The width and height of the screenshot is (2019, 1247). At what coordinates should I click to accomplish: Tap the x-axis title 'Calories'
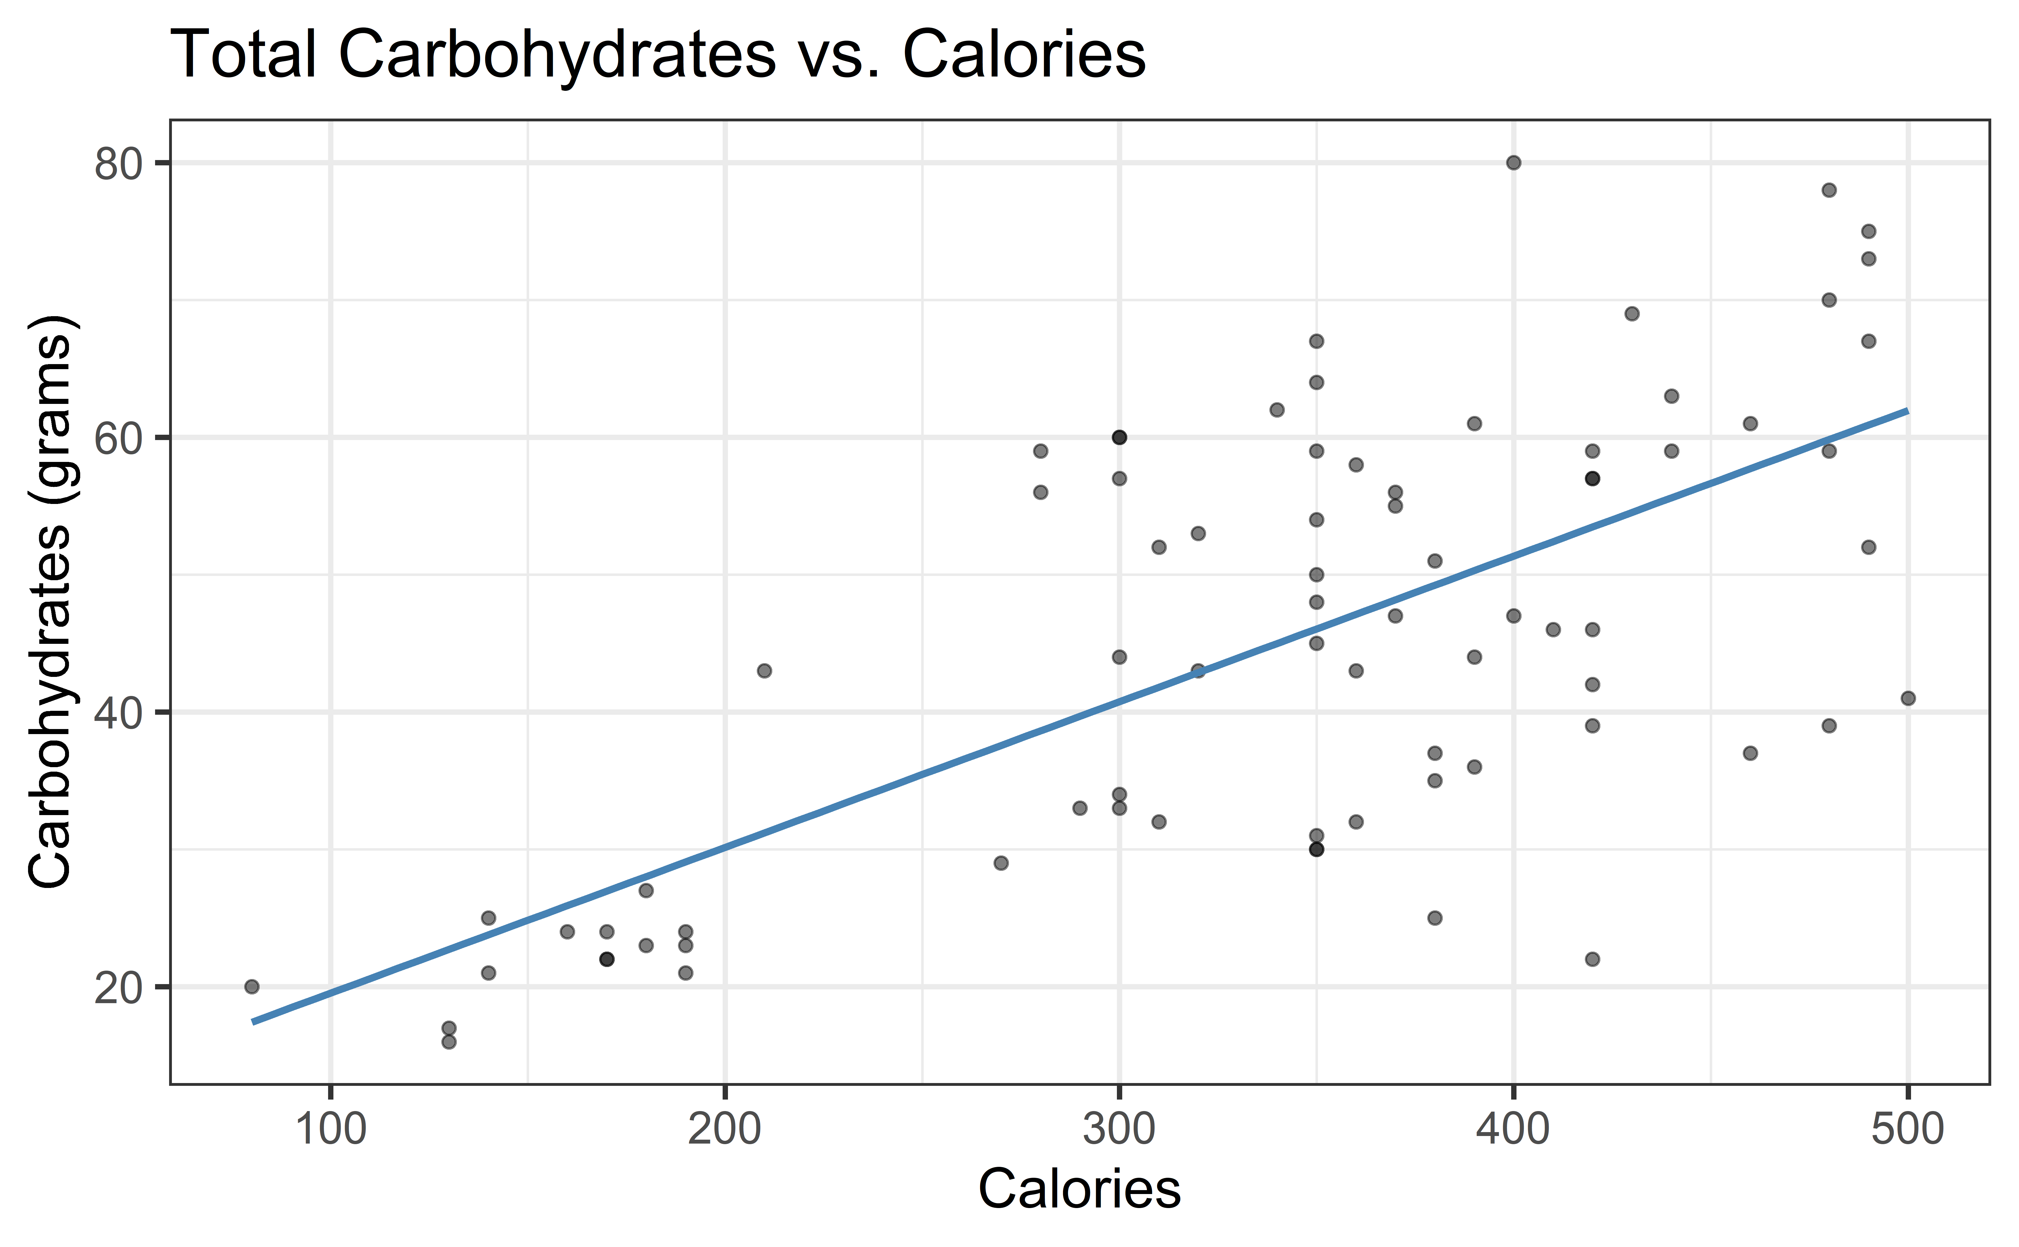click(x=1079, y=1189)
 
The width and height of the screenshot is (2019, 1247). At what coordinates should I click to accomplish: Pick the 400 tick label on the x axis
click(x=1513, y=1129)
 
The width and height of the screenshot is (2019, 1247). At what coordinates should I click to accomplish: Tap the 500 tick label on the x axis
click(x=1908, y=1129)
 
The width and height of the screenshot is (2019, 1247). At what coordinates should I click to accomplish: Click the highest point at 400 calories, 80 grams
click(x=1513, y=163)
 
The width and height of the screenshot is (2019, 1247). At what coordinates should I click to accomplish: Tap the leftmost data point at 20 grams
click(x=252, y=986)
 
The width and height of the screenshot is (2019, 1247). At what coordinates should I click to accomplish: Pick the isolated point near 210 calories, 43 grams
click(x=764, y=670)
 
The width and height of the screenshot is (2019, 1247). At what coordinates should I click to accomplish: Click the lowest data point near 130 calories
click(x=449, y=1042)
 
